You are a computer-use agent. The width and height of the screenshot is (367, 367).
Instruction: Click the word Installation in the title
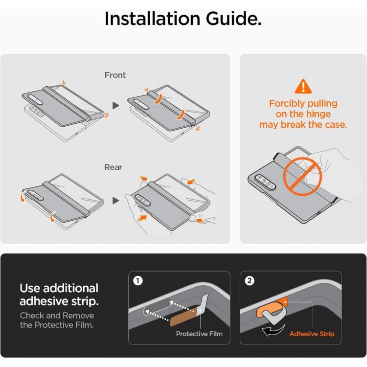coord(152,19)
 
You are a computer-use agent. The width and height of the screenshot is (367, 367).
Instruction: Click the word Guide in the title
coord(233,19)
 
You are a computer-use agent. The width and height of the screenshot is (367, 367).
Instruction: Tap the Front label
coord(115,75)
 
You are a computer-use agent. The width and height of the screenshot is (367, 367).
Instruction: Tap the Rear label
coord(114,167)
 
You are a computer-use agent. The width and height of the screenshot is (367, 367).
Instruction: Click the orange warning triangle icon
coord(303,87)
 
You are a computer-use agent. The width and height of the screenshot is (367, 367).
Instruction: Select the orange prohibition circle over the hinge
coord(302,177)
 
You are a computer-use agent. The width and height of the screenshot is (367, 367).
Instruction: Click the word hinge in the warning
coord(319,115)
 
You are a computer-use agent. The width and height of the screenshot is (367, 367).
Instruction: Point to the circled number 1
coord(138,281)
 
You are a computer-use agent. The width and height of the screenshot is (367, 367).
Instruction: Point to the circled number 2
coord(249,281)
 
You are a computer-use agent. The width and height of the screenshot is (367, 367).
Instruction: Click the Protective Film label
coord(199,334)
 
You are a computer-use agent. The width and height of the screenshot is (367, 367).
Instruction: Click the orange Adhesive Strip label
coord(312,334)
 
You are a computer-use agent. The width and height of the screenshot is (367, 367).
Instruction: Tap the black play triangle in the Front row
coord(115,106)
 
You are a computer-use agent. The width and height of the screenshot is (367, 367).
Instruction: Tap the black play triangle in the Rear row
coord(115,201)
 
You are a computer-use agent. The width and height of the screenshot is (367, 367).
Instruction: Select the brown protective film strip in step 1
coord(183,317)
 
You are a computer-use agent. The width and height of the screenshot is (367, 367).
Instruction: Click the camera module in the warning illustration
coord(266,182)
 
